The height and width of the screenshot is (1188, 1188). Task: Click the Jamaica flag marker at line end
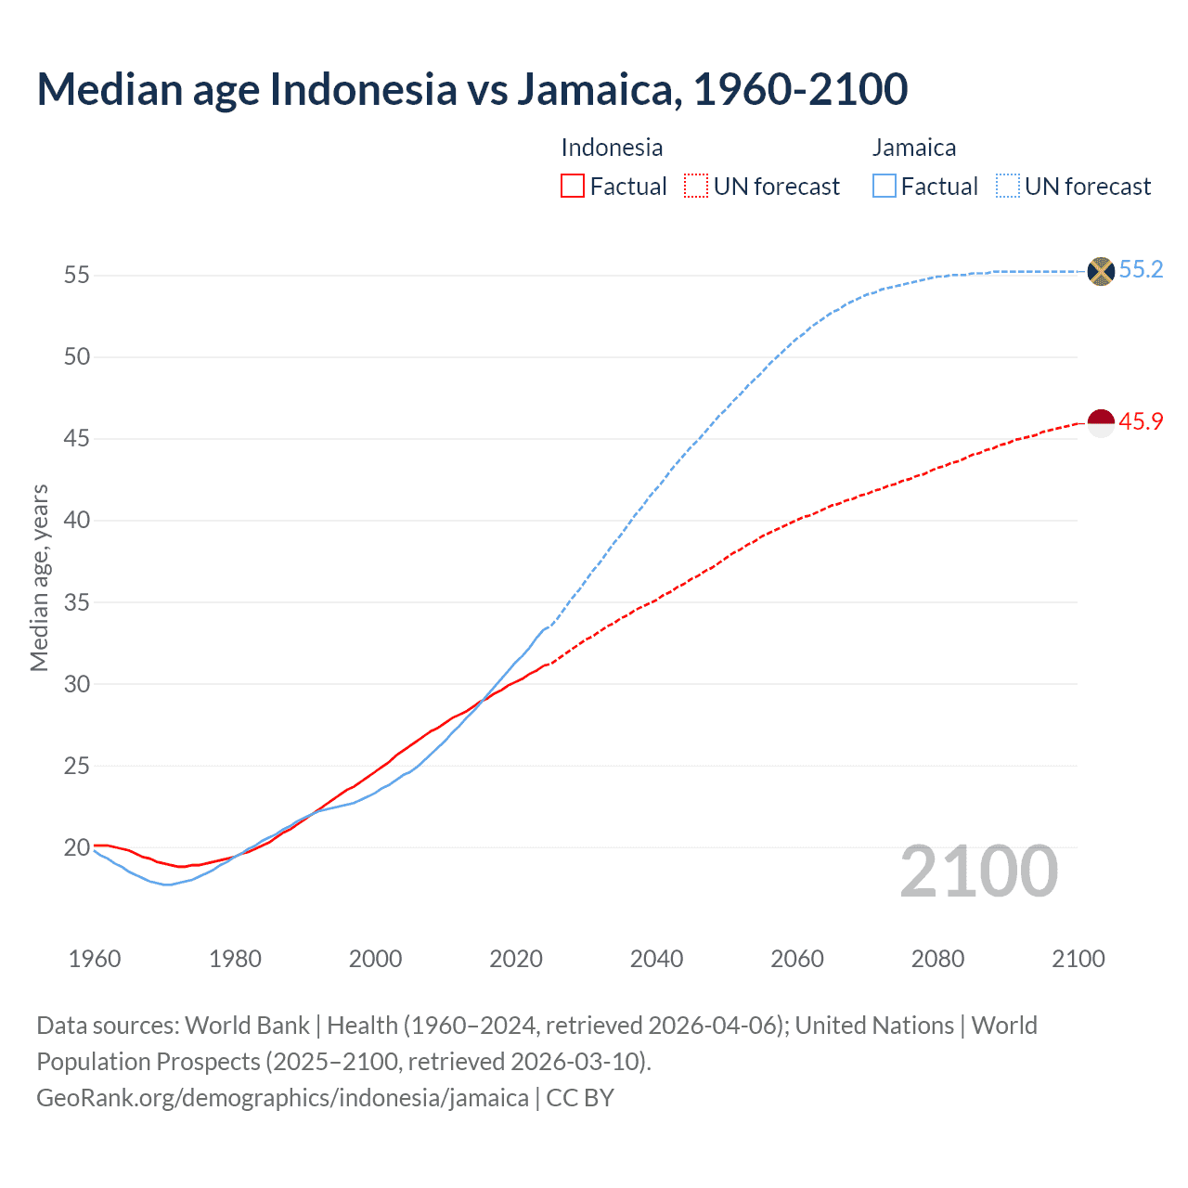click(1100, 271)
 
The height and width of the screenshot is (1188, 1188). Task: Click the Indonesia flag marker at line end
click(1100, 422)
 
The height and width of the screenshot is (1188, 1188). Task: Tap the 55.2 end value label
click(1141, 269)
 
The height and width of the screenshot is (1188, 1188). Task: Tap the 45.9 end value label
click(1141, 421)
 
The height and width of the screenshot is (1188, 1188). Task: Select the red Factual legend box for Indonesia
click(573, 186)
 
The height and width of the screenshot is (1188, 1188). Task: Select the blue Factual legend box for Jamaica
click(884, 186)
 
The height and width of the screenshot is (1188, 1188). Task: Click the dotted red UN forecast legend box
click(696, 186)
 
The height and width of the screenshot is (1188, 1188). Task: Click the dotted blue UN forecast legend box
click(1007, 186)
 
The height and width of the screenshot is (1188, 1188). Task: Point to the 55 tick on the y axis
click(76, 275)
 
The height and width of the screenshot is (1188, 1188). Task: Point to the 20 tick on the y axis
click(76, 847)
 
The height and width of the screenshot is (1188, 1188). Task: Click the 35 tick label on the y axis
click(76, 602)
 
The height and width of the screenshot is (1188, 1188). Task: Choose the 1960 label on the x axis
click(95, 959)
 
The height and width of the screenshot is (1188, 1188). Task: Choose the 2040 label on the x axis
click(656, 959)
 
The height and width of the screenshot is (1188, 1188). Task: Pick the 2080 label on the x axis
click(937, 959)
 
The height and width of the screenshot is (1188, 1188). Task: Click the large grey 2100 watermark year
click(978, 871)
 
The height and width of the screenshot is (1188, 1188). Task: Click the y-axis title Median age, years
click(39, 577)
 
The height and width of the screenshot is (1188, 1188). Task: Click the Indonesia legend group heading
click(612, 148)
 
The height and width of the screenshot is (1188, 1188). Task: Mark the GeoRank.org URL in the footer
click(282, 1097)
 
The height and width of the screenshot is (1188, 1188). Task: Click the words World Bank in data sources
click(247, 1026)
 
